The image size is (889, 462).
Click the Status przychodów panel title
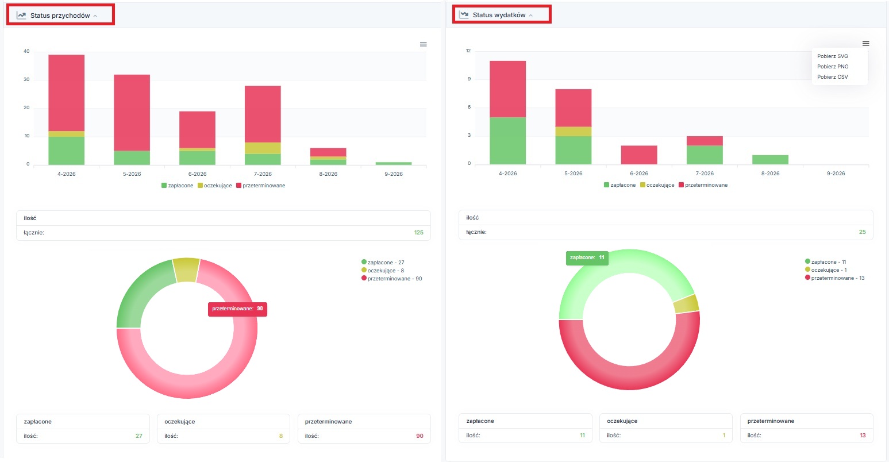[x=60, y=16]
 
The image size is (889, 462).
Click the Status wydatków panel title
[x=499, y=15]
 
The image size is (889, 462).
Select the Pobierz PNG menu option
[x=833, y=66]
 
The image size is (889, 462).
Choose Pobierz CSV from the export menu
[x=832, y=76]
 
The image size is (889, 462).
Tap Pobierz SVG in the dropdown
[x=832, y=56]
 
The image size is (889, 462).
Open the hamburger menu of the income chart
[x=423, y=44]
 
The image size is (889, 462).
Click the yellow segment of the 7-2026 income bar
[x=263, y=148]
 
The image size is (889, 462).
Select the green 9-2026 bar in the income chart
[x=394, y=163]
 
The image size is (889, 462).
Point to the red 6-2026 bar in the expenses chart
[x=639, y=155]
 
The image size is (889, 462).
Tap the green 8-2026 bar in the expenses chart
[x=771, y=160]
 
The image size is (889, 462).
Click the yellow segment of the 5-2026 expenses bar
[x=574, y=132]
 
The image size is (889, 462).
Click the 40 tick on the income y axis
[x=26, y=51]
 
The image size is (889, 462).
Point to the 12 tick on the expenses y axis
[x=468, y=51]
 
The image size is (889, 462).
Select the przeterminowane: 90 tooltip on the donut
[x=237, y=309]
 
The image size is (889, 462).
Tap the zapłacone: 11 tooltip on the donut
[x=587, y=257]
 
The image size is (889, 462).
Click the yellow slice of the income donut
[x=187, y=270]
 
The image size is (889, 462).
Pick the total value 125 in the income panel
[x=419, y=233]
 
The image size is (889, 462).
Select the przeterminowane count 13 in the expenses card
[x=863, y=436]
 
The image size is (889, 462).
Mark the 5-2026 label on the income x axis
[x=132, y=174]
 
